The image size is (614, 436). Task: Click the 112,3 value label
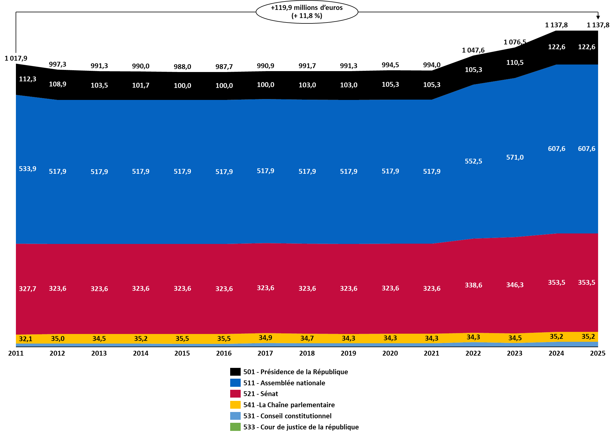(x=28, y=79)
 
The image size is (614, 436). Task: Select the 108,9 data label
(x=58, y=84)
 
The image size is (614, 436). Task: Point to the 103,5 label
(x=99, y=85)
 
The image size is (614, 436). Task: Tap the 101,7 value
(x=141, y=85)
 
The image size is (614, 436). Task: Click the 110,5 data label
(x=515, y=62)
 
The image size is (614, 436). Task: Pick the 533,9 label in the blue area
(x=28, y=169)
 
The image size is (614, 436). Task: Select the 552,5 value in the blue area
(x=474, y=161)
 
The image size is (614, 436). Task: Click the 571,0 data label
(x=515, y=157)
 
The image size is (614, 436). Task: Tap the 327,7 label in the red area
(x=28, y=289)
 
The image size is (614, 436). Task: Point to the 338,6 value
(x=474, y=285)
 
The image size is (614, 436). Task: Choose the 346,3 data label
(x=515, y=285)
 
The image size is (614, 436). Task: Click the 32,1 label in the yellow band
(x=26, y=339)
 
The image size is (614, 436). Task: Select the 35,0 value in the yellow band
(x=58, y=339)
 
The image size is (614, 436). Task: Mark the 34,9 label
(x=266, y=338)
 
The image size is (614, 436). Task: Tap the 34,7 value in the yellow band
(x=307, y=338)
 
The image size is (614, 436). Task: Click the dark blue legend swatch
(x=235, y=383)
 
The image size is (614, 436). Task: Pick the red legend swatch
(x=235, y=394)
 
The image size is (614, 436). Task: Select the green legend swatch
(x=235, y=427)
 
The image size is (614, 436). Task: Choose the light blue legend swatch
(x=235, y=416)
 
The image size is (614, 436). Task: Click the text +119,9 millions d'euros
(x=307, y=8)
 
